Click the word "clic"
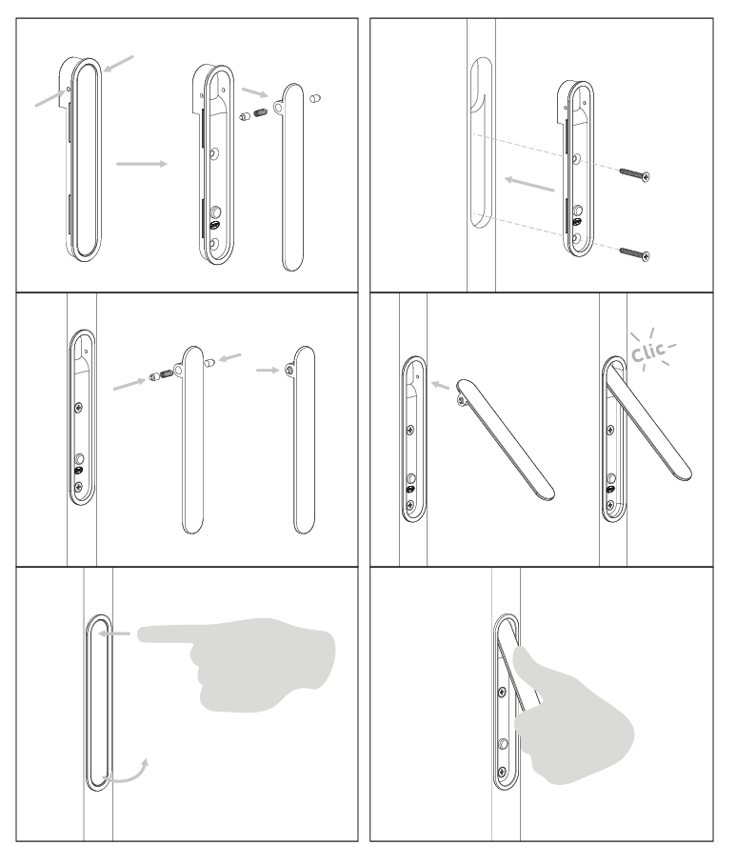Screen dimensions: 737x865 (x=649, y=352)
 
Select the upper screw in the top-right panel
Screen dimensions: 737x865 (x=634, y=174)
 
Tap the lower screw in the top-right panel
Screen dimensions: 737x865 (x=634, y=253)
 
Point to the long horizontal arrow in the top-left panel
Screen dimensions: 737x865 (x=142, y=164)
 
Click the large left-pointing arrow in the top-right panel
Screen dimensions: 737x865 (x=529, y=184)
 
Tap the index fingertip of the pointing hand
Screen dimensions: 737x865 (x=140, y=634)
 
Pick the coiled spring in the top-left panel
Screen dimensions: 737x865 (x=261, y=114)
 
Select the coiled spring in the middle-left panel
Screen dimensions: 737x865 (x=166, y=375)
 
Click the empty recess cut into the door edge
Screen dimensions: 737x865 (x=481, y=142)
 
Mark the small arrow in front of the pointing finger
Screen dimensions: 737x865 (x=114, y=634)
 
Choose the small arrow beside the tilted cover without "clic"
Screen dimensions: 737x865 (x=441, y=385)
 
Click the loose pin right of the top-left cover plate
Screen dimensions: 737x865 (x=315, y=99)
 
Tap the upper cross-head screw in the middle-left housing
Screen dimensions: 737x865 (x=79, y=409)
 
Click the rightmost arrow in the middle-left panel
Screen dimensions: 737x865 (x=268, y=371)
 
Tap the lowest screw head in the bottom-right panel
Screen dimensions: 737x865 (x=502, y=772)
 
